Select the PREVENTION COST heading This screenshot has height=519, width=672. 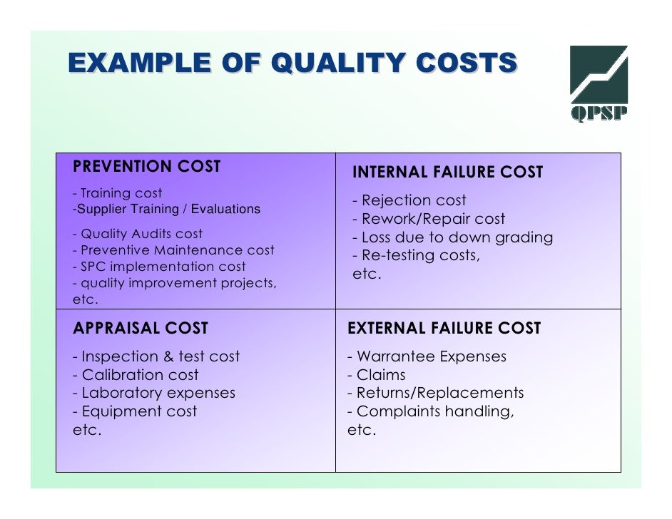click(147, 167)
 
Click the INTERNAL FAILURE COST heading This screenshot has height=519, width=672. click(447, 173)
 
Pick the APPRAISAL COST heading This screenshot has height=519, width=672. click(141, 329)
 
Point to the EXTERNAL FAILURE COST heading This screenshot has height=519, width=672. click(444, 329)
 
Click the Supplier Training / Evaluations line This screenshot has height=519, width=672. click(167, 210)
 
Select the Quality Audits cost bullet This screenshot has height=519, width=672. click(138, 234)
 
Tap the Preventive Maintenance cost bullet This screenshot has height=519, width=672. click(173, 250)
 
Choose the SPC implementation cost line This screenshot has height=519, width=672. click(159, 267)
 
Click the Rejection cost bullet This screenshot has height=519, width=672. click(409, 201)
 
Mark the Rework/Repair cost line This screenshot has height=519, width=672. click(428, 220)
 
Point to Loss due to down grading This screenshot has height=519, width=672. click(452, 238)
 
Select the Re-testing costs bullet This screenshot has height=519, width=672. click(416, 256)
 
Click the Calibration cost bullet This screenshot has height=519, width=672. click(136, 375)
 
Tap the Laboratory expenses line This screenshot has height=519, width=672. click(153, 393)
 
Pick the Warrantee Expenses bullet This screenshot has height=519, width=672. click(427, 356)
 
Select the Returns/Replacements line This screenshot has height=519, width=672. click(435, 393)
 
